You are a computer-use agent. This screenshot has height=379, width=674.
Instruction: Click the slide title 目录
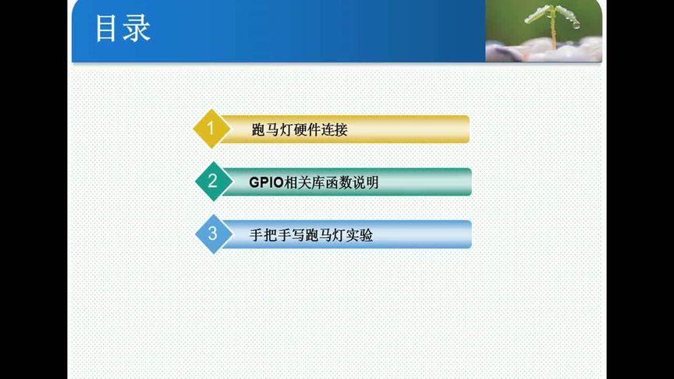122,29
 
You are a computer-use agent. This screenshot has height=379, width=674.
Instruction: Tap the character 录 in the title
137,29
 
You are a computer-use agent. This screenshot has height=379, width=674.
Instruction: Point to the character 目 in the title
108,29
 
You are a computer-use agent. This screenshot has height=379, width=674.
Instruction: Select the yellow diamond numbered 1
208,129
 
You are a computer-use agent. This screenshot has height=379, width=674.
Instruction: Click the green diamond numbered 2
211,182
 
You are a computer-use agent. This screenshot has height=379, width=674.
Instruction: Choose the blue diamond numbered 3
211,234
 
